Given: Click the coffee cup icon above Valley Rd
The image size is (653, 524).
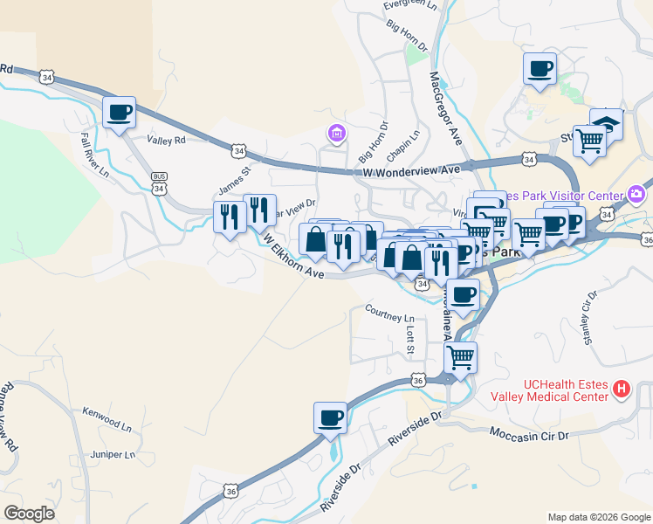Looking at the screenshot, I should [x=119, y=112].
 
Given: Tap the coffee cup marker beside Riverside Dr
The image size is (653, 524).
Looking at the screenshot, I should [x=331, y=417].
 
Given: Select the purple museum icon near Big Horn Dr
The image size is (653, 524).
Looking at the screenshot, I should [x=335, y=134].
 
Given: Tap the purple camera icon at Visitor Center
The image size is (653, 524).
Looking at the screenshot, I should [x=636, y=194].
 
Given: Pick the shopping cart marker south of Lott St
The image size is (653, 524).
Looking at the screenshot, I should [x=460, y=356].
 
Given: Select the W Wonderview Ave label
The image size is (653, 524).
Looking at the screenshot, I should [x=411, y=171].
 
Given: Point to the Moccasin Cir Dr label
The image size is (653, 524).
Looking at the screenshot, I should [x=529, y=433].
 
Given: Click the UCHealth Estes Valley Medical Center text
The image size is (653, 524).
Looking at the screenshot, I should [x=564, y=390].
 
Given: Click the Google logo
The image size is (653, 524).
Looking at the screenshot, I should [x=29, y=514].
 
